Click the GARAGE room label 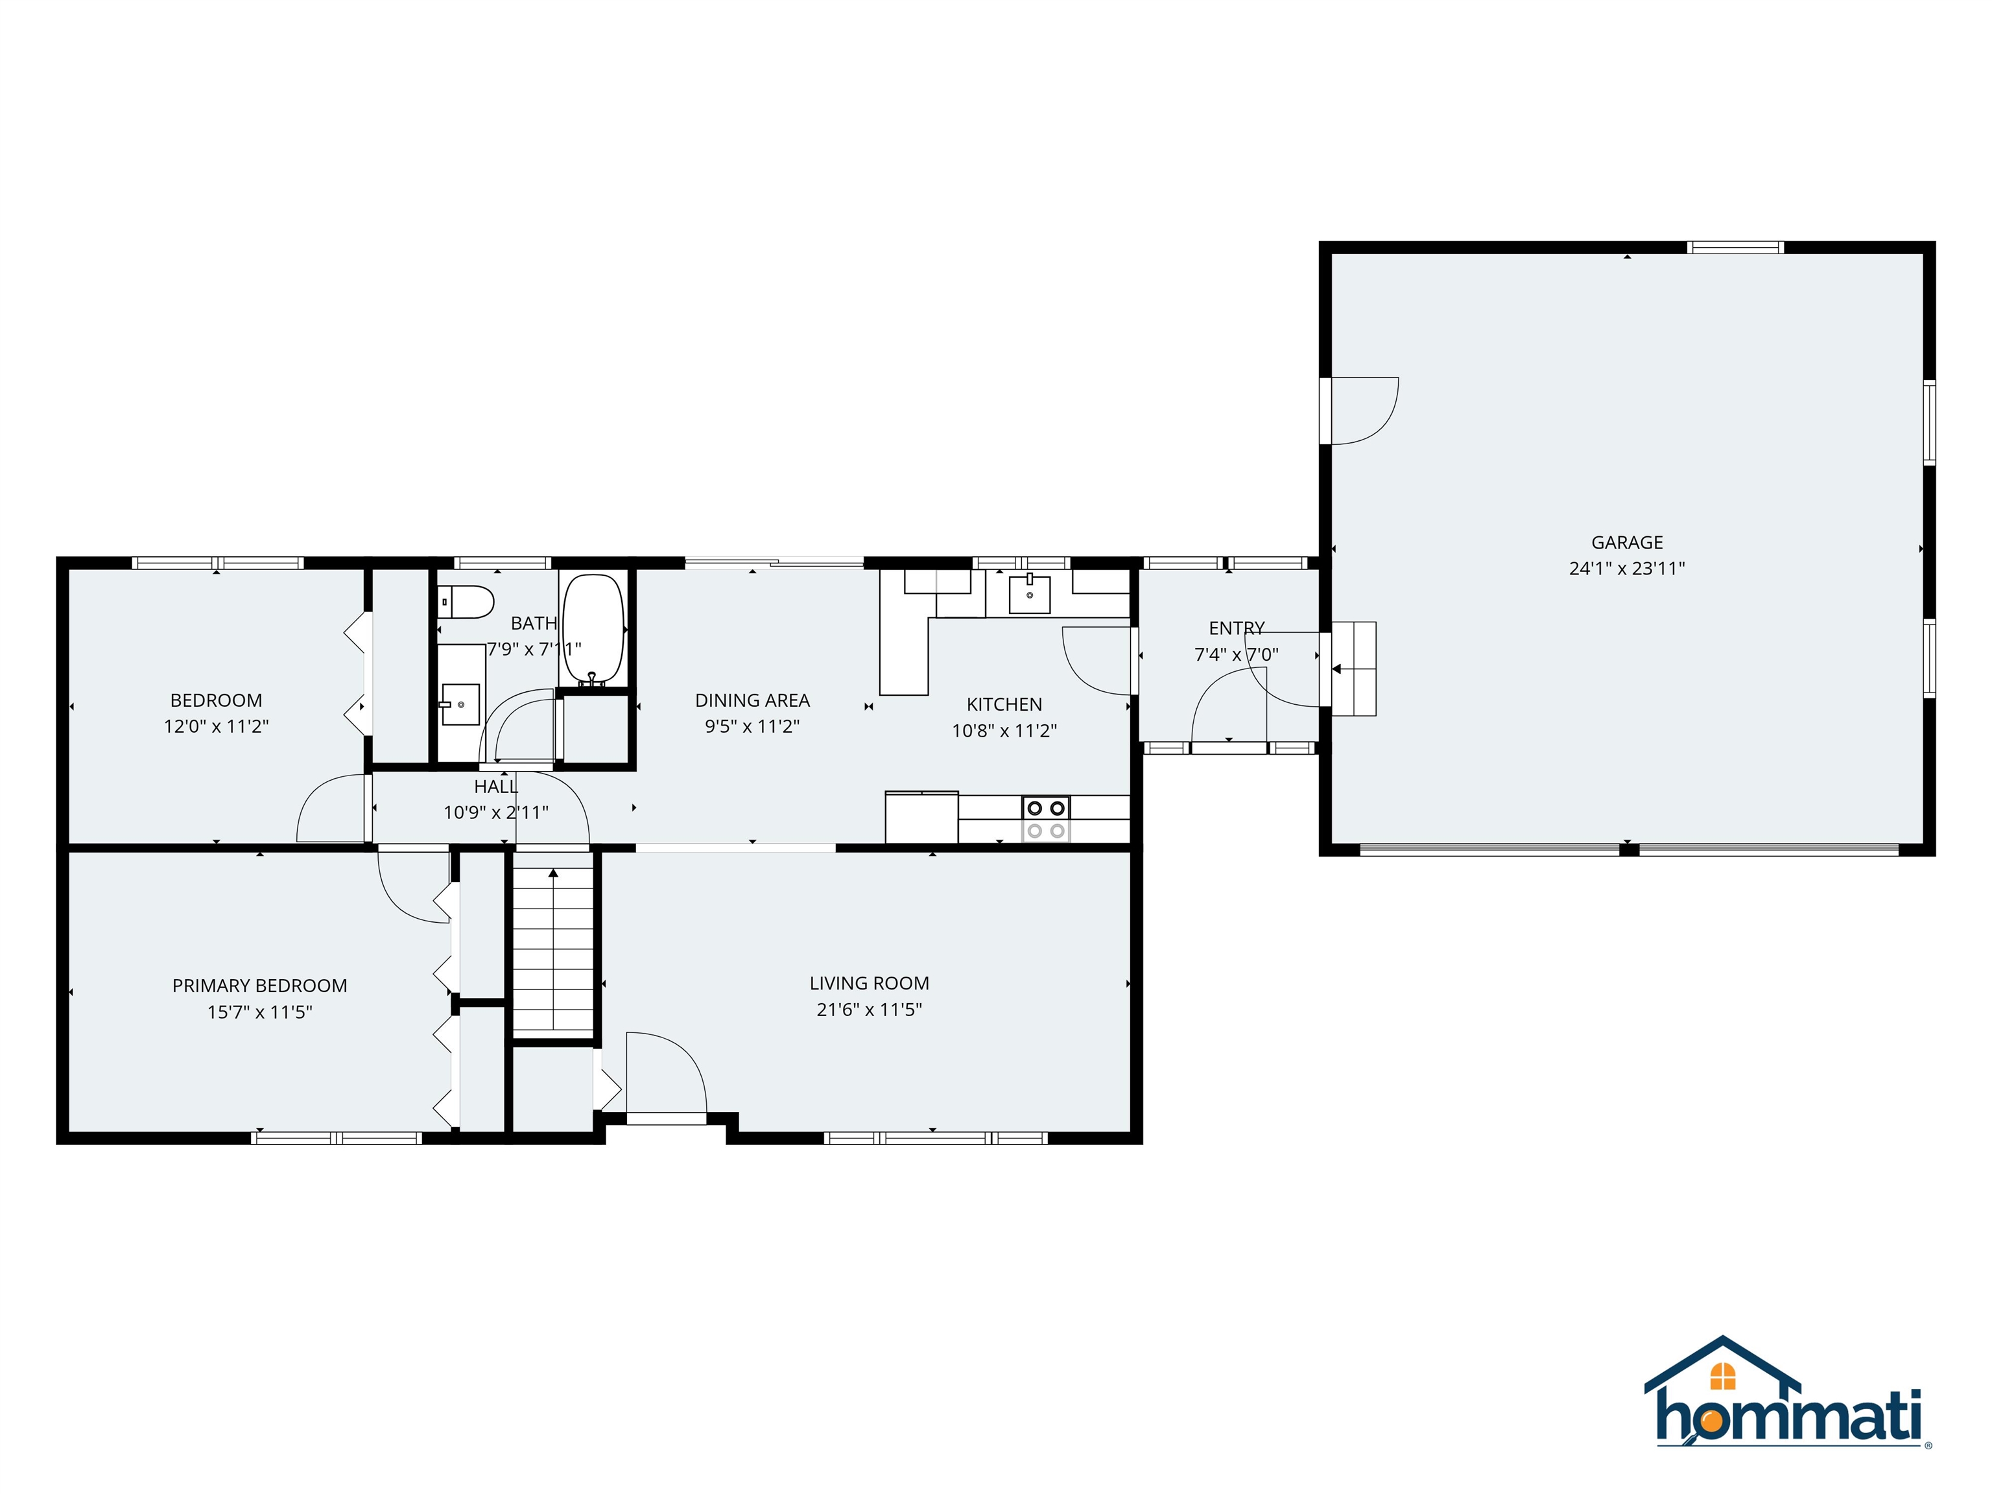pyautogui.click(x=1626, y=542)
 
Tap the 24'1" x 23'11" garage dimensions pyautogui.click(x=1626, y=568)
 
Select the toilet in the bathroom pyautogui.click(x=466, y=602)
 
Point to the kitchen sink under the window pyautogui.click(x=1029, y=595)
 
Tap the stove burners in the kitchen pyautogui.click(x=1045, y=818)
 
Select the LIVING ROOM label pyautogui.click(x=869, y=984)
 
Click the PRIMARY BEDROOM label pyautogui.click(x=259, y=985)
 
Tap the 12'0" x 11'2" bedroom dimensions pyautogui.click(x=216, y=726)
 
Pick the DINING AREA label pyautogui.click(x=752, y=700)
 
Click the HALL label pyautogui.click(x=495, y=786)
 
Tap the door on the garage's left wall pyautogui.click(x=1360, y=410)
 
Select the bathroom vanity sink pyautogui.click(x=460, y=704)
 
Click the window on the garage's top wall pyautogui.click(x=1735, y=248)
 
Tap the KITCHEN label pyautogui.click(x=1004, y=704)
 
